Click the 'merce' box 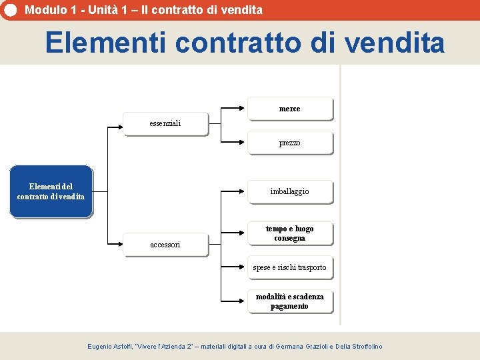290,109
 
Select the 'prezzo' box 290,143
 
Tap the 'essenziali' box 166,123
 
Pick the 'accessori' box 166,245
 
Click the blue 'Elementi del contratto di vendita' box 51,191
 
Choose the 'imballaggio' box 290,191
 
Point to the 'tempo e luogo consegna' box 290,233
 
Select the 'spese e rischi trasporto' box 290,267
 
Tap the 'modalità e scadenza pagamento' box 290,301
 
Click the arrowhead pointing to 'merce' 244,107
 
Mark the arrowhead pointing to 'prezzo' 244,143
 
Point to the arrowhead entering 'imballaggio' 244,191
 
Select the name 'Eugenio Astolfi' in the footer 110,347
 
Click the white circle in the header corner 10,9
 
